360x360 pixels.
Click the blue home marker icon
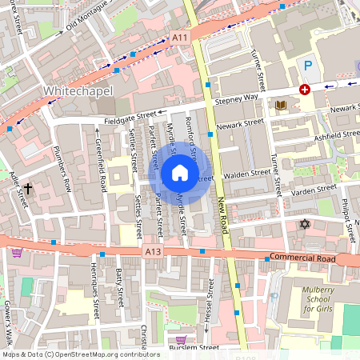coord(180,172)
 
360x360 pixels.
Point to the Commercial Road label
coord(299,257)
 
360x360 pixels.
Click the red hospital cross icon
coord(304,90)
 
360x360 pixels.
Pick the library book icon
coord(280,105)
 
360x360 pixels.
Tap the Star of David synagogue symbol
coord(304,223)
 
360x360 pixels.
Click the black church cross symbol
coord(28,189)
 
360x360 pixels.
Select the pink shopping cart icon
coord(18,253)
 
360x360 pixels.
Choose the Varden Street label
coord(313,190)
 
